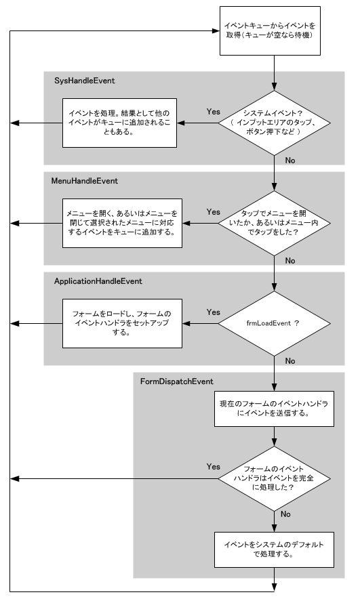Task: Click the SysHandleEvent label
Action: (85, 81)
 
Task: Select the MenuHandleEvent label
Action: (85, 181)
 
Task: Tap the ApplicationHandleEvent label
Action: (98, 281)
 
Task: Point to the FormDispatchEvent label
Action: (177, 381)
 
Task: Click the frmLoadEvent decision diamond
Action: (274, 323)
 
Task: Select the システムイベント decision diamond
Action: (274, 123)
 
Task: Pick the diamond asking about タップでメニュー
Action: (274, 223)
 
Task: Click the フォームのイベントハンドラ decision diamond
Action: (274, 479)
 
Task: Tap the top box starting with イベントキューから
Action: (270, 30)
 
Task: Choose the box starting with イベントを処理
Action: (119, 123)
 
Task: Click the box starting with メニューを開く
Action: (122, 223)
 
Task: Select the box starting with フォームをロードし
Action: (122, 323)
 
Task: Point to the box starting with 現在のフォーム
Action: (274, 409)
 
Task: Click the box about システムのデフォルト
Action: (274, 549)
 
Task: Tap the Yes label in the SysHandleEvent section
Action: (213, 112)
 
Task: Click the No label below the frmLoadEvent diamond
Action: (290, 361)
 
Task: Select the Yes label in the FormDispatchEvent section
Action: (213, 467)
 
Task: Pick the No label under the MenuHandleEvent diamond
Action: (290, 261)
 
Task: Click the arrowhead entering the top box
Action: (216, 30)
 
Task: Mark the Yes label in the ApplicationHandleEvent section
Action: (213, 312)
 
